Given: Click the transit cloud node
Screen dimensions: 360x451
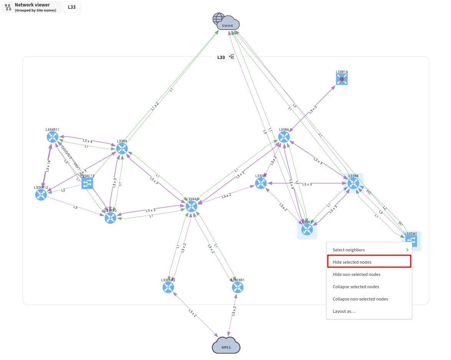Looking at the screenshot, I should tap(227, 23).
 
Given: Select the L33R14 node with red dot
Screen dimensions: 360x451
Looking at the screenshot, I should tap(342, 79).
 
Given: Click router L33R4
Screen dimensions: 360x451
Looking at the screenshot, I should tap(191, 206).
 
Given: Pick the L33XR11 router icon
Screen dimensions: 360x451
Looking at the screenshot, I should tap(53, 137).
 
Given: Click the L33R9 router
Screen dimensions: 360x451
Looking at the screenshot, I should tap(122, 149).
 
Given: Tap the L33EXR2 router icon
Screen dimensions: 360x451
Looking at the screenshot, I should tap(168, 287).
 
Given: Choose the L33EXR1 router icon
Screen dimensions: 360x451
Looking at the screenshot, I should tap(238, 287).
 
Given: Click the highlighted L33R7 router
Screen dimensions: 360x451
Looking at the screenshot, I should tap(307, 230).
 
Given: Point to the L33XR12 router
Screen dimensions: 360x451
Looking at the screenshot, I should tap(41, 195).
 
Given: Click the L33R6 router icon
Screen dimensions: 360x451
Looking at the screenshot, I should tap(284, 137).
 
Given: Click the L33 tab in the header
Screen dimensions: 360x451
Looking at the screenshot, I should tap(72, 7).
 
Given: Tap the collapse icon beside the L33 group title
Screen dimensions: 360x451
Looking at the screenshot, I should tap(231, 57).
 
